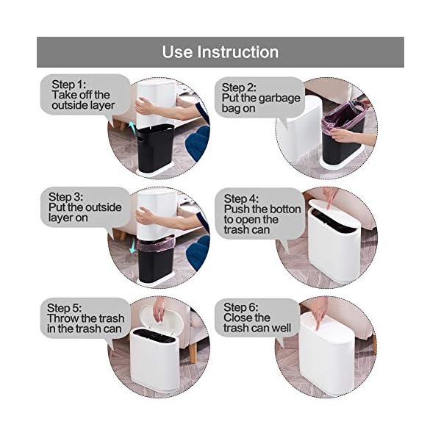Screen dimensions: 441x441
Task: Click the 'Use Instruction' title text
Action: pyautogui.click(x=220, y=52)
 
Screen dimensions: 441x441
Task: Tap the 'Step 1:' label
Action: pyautogui.click(x=69, y=85)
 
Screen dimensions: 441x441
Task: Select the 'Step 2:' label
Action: pyautogui.click(x=239, y=87)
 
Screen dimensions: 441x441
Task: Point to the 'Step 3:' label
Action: pyautogui.click(x=65, y=197)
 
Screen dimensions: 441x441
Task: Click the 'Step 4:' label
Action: pyautogui.click(x=241, y=198)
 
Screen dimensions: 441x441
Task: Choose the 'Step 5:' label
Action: pyautogui.click(x=65, y=308)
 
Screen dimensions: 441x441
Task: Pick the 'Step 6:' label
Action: pyautogui.click(x=241, y=307)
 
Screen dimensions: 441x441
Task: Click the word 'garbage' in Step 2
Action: pyautogui.click(x=279, y=98)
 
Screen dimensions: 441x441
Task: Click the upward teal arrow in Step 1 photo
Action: pyautogui.click(x=132, y=128)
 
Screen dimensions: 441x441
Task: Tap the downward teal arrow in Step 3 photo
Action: pyautogui.click(x=132, y=247)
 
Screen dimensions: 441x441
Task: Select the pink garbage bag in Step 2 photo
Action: pyautogui.click(x=342, y=118)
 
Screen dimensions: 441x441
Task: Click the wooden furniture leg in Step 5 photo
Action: pyautogui.click(x=193, y=354)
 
